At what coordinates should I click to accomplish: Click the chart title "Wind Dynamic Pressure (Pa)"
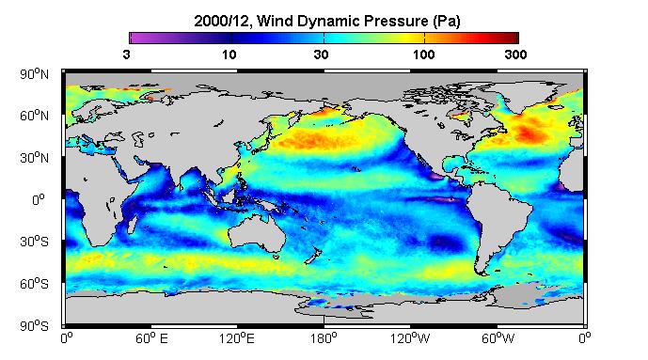click(358, 21)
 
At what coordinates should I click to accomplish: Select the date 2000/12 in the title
click(222, 21)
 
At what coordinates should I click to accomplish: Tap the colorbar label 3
click(126, 55)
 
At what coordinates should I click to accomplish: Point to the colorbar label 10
click(229, 55)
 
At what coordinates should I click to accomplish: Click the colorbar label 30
click(321, 55)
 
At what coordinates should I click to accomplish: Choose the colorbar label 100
click(423, 55)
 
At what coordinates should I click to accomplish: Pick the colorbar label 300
click(515, 55)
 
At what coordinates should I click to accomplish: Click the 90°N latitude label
click(34, 74)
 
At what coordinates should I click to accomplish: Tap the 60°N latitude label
click(34, 116)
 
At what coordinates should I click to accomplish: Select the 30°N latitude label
click(34, 158)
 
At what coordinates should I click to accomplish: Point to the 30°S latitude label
click(34, 242)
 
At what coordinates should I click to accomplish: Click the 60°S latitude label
click(34, 284)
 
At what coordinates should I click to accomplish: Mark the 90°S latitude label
click(34, 326)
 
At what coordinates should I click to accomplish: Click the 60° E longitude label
click(151, 338)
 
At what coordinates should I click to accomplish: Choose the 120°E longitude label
click(237, 338)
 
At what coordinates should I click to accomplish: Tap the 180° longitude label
click(324, 338)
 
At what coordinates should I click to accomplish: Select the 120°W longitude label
click(410, 338)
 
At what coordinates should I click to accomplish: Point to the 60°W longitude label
click(498, 338)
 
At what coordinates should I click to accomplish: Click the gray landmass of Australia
click(256, 232)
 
